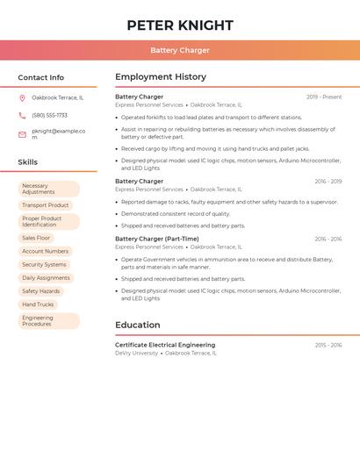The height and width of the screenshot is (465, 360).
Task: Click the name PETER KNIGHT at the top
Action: click(179, 25)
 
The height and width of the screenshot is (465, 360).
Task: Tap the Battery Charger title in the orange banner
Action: click(179, 50)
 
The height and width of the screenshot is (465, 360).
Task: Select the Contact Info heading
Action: click(40, 77)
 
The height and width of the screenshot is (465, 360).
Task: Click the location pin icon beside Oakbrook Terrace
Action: click(22, 97)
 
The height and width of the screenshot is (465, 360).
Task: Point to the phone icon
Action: click(22, 115)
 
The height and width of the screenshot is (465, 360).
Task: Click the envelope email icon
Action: click(22, 134)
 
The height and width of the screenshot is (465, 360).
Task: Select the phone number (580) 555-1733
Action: click(49, 115)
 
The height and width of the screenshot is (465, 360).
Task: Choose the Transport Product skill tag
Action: click(45, 205)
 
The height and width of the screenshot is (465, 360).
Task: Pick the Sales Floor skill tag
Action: click(36, 238)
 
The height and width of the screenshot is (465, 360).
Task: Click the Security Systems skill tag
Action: click(44, 264)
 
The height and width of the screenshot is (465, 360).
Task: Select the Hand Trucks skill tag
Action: click(38, 304)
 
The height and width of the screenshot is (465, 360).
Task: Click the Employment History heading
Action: click(161, 77)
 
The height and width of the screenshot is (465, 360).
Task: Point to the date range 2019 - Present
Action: click(324, 97)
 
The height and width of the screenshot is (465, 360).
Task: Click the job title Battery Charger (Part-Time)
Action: click(157, 239)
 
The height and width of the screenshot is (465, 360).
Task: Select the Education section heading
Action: click(138, 325)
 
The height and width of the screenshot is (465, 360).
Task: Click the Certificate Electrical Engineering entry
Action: click(165, 345)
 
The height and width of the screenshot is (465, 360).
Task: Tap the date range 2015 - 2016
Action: click(328, 346)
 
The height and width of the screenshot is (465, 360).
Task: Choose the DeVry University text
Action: click(137, 354)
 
